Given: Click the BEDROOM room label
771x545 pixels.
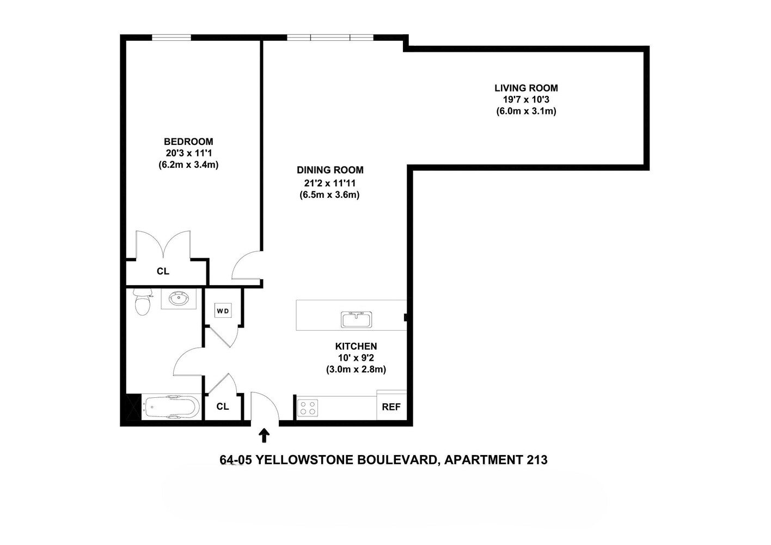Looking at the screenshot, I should pos(188,142).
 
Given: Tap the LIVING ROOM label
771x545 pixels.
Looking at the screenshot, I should pos(526,88).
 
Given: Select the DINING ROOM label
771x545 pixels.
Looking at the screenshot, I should pos(330,170).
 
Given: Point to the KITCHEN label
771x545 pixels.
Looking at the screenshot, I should pos(356,346).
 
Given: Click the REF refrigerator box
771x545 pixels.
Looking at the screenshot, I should pos(391,407).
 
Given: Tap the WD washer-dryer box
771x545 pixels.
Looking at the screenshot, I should pos(223,311).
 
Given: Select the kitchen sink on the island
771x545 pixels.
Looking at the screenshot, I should pos(357,319).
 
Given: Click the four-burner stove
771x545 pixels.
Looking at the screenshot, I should pos(308,408).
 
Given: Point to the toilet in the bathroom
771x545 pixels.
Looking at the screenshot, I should pos(143,303).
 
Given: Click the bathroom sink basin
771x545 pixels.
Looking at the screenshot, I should pos(179,298).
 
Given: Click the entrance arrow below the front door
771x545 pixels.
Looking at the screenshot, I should pos(264,435).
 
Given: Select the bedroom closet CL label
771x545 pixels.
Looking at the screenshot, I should pos(163,271).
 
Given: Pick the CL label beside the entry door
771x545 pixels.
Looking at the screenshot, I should pos(223,407).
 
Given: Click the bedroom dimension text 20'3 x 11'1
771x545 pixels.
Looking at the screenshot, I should pos(188,153).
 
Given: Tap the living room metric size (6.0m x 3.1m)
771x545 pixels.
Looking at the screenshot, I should pos(526,111).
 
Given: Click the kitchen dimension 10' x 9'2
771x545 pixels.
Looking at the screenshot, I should pos(356,358).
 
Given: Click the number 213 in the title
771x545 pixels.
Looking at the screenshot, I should pos(537,460).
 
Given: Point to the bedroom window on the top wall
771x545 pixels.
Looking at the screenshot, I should pos(171,38).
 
